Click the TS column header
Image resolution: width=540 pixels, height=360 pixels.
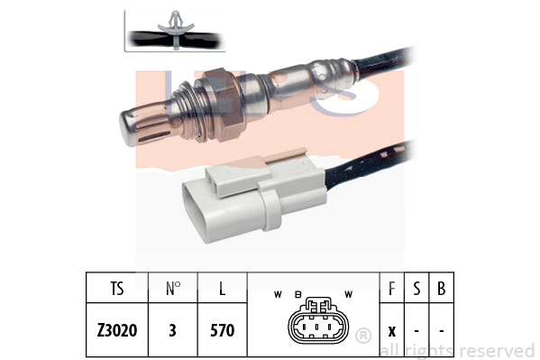coord(117,289)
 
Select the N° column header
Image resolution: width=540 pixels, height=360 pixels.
coord(173,289)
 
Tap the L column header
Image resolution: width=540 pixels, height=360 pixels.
coord(222,289)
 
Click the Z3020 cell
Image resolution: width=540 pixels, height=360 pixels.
coord(117,330)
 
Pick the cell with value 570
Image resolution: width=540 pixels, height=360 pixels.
coord(222,330)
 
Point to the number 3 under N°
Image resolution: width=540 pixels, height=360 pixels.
coord(172,330)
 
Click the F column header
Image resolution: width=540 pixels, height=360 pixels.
coord(391,289)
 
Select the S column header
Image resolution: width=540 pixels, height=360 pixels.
coord(416,289)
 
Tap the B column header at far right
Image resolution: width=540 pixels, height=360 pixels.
coord(441,289)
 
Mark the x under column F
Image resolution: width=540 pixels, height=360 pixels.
coord(392,331)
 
